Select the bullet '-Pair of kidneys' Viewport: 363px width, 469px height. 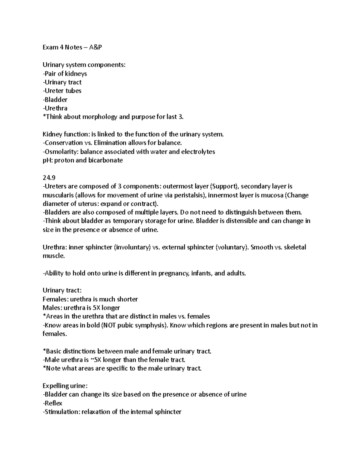pyautogui.click(x=65, y=74)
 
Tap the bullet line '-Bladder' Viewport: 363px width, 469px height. pyautogui.click(x=55, y=100)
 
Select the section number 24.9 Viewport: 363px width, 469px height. pyautogui.click(x=48, y=178)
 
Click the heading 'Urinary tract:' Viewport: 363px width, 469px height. pyautogui.click(x=62, y=291)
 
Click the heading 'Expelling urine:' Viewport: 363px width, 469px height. pyautogui.click(x=65, y=386)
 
